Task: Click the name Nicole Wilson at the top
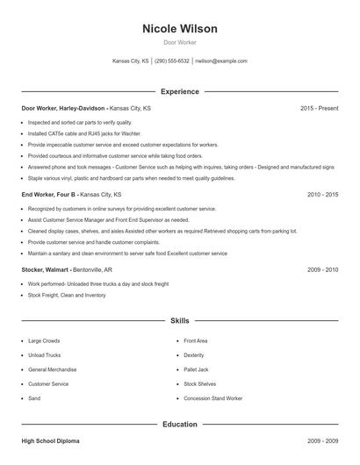coord(179,29)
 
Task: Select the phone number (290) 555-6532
coord(172,61)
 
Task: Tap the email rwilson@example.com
coord(221,61)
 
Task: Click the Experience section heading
coord(179,91)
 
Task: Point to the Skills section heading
coord(179,321)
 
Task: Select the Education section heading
coord(179,425)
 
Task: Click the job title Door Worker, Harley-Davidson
coord(62,108)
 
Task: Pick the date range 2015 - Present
coord(319,108)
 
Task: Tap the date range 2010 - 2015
coord(323,194)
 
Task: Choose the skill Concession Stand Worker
coord(212,398)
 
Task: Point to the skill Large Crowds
coord(44,340)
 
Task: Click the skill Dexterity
coord(194,355)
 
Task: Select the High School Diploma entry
coord(50,441)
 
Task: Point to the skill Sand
coord(34,398)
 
